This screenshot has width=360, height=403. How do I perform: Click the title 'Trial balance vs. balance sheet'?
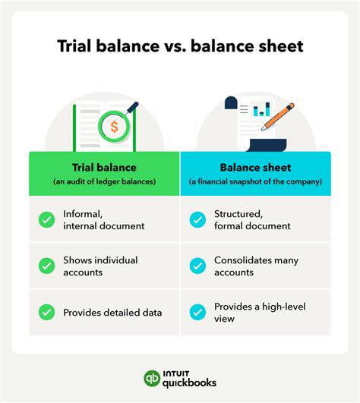(180, 46)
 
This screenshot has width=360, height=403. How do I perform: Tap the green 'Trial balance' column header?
(104, 167)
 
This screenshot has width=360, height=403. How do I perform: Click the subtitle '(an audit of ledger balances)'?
(104, 181)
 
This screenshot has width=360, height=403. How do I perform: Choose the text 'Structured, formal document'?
(252, 220)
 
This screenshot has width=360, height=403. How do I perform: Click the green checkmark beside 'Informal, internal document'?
(46, 220)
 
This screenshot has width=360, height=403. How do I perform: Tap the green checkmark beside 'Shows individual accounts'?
(46, 266)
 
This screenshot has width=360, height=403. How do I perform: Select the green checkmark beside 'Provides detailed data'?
(46, 310)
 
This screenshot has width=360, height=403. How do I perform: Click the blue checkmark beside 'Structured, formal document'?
(197, 220)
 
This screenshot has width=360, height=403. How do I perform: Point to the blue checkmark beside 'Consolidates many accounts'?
(197, 266)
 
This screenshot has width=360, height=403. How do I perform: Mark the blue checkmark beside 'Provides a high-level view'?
(197, 311)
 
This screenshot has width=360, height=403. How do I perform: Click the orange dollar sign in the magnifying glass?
(114, 127)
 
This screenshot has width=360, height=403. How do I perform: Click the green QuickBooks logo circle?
(152, 378)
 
